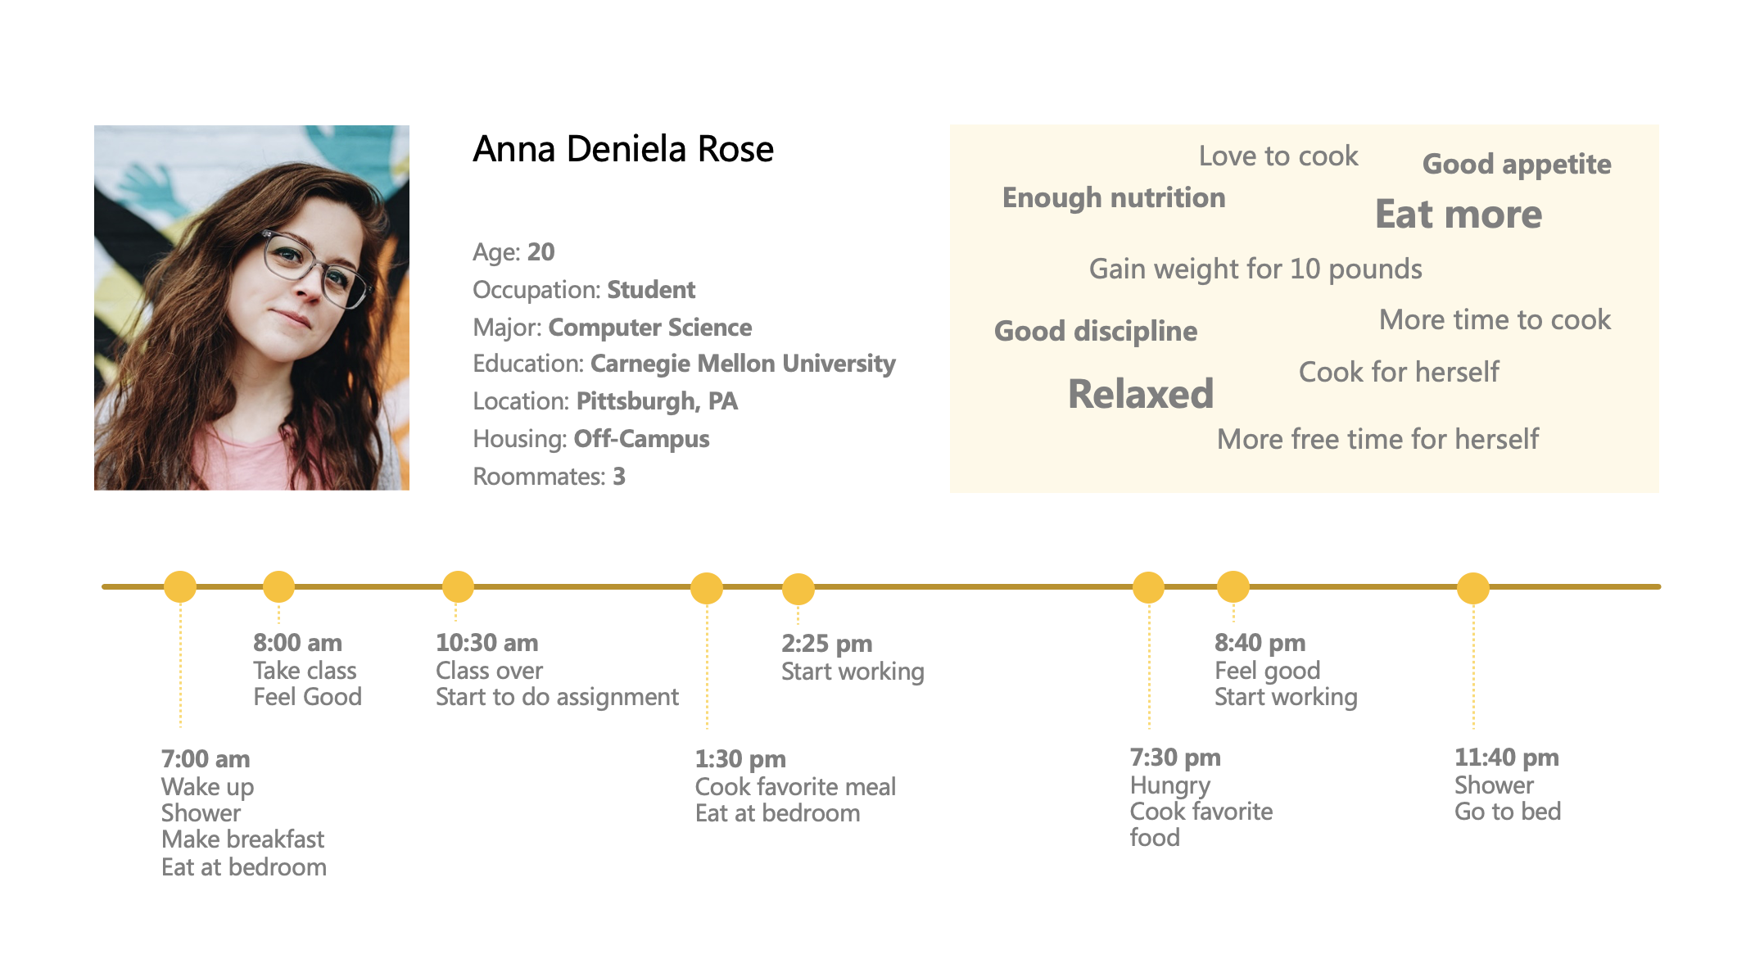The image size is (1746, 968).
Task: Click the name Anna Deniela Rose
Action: click(622, 149)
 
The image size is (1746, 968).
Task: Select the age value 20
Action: click(541, 251)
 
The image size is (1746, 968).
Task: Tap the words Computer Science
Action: click(649, 328)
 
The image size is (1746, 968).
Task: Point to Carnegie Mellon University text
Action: click(742, 364)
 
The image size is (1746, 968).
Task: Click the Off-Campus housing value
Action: click(641, 439)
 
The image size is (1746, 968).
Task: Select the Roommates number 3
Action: click(619, 477)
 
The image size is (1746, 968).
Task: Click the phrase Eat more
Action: click(1458, 215)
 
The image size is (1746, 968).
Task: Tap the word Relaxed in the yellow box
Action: click(1140, 394)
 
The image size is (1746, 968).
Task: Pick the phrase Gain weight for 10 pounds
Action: click(1255, 269)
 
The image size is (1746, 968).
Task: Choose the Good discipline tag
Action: click(1095, 331)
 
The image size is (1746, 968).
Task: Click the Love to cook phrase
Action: click(1278, 156)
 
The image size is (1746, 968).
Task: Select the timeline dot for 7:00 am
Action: click(180, 586)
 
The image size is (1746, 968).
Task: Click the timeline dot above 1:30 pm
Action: click(706, 587)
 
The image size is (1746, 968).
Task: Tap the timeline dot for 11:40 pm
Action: click(1472, 587)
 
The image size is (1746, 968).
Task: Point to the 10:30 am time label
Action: click(486, 643)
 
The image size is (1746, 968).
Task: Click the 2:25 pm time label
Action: click(826, 644)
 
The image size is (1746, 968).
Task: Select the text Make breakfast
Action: click(242, 839)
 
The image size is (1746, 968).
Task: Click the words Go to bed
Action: click(1507, 812)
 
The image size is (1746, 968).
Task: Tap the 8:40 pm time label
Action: click(1260, 643)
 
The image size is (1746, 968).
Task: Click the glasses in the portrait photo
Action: click(315, 266)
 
